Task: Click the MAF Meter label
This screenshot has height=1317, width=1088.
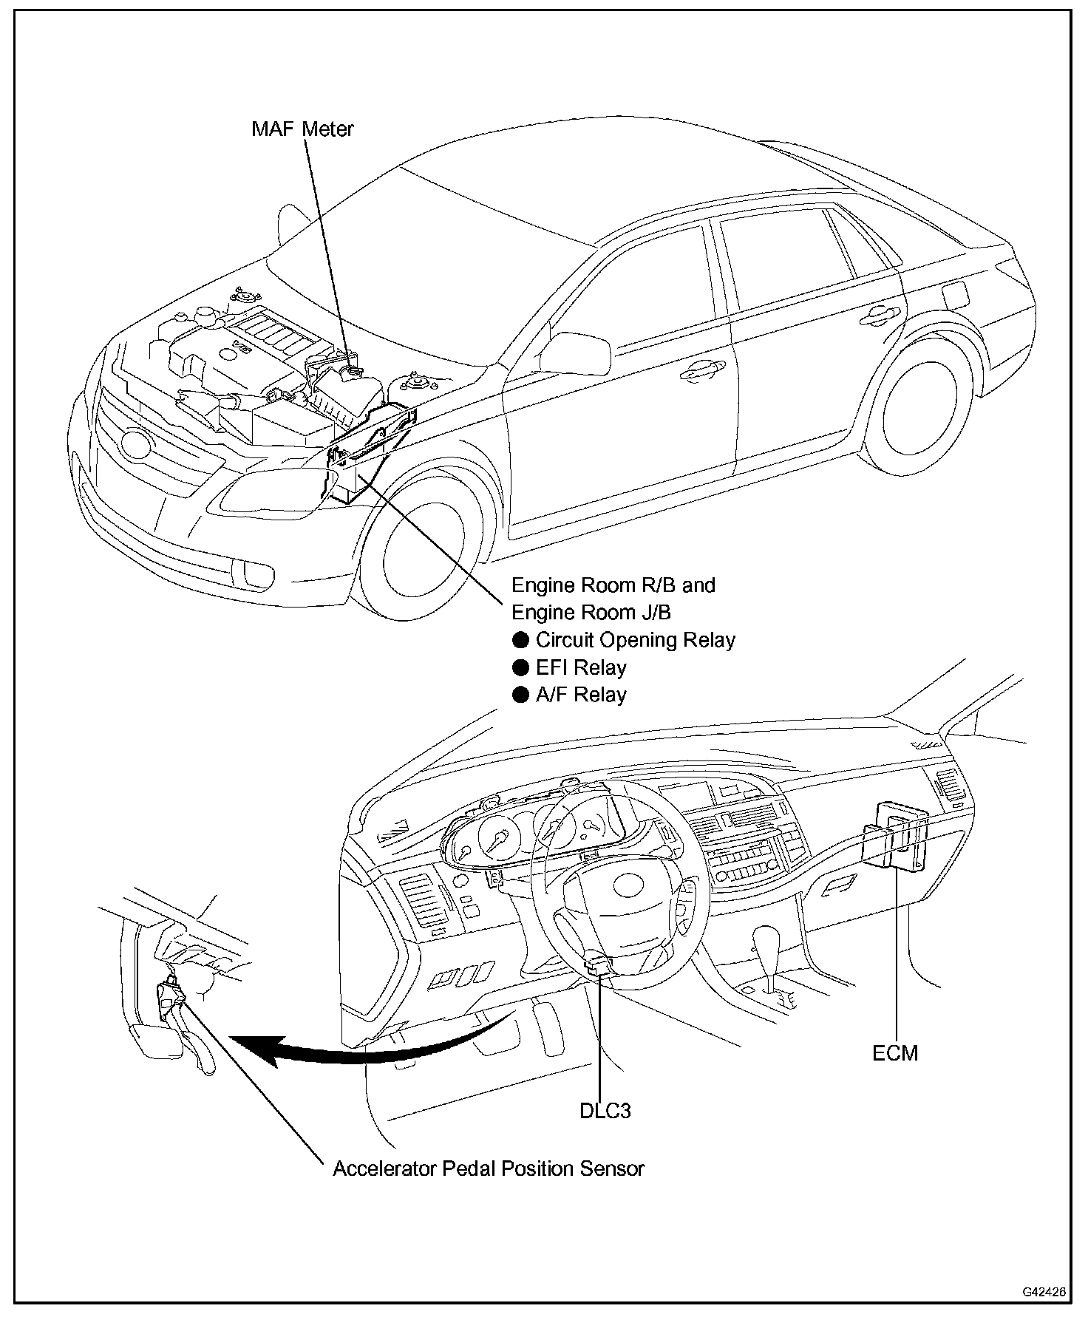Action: point(302,129)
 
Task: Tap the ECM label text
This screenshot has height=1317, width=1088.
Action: point(894,1052)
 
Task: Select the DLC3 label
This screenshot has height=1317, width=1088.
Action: point(605,1111)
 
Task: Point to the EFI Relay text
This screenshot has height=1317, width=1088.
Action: point(581,667)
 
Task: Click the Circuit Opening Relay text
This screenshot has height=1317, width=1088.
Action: point(635,639)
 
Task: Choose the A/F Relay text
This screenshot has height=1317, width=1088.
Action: point(581,695)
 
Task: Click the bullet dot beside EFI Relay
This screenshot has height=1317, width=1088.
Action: point(521,667)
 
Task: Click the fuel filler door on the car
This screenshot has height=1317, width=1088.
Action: point(956,296)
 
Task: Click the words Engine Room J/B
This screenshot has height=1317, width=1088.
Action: point(591,612)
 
